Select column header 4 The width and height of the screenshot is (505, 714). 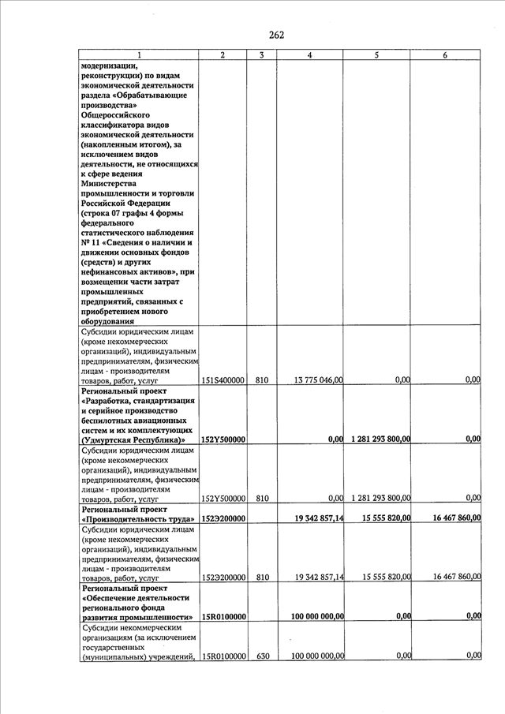(309, 55)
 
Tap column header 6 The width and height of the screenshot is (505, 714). (446, 55)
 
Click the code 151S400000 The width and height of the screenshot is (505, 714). (223, 380)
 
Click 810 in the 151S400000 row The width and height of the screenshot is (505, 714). (262, 380)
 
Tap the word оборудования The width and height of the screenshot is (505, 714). (111, 321)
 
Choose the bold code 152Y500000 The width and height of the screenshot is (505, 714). (223, 439)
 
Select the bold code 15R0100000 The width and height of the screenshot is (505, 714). (223, 616)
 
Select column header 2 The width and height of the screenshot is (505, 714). (223, 55)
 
